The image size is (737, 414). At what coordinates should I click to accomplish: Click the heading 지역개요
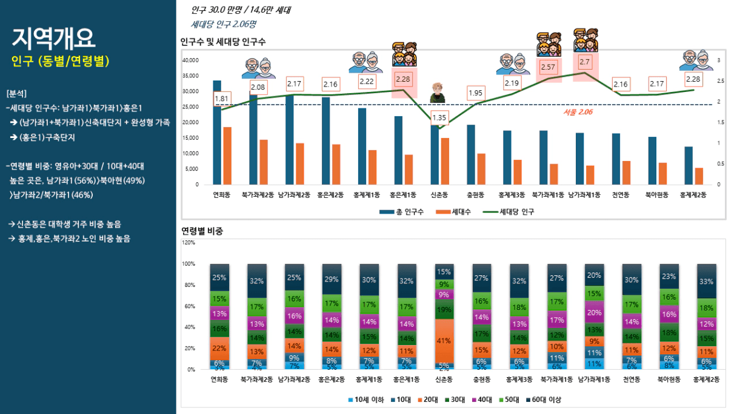click(53, 38)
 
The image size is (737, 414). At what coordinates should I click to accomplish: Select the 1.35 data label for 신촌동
click(439, 117)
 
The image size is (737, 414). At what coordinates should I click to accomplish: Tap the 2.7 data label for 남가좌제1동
click(585, 62)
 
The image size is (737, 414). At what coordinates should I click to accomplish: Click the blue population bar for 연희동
click(217, 133)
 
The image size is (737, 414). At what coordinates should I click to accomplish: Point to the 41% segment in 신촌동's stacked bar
click(444, 341)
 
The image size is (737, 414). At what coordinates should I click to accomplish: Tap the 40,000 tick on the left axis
click(190, 61)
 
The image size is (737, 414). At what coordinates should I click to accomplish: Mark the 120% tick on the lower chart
click(188, 243)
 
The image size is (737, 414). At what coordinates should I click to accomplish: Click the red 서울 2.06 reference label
click(578, 112)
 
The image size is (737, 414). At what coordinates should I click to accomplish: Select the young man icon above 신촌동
click(435, 93)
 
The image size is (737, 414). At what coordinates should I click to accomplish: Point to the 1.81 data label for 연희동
click(221, 99)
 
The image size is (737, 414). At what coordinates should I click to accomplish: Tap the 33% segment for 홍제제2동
click(706, 281)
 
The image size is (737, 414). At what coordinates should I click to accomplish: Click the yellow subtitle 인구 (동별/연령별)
click(61, 62)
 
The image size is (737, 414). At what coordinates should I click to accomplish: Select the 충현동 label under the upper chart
click(476, 195)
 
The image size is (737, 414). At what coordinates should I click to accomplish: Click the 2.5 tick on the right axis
click(719, 81)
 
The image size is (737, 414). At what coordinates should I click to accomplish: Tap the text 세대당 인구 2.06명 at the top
click(223, 25)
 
